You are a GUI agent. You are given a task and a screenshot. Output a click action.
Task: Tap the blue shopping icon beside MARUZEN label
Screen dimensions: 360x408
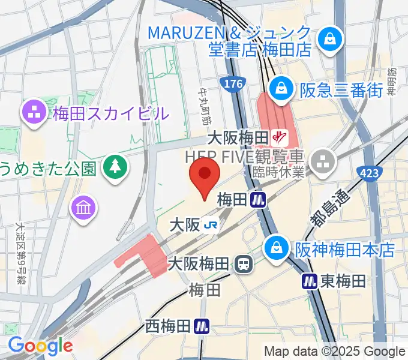click(329, 39)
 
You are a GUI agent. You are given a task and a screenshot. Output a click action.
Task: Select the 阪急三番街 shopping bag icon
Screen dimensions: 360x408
click(280, 89)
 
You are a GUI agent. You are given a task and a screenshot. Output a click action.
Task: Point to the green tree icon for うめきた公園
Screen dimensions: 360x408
click(113, 166)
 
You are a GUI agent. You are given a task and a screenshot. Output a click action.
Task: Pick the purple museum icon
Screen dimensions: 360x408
click(83, 208)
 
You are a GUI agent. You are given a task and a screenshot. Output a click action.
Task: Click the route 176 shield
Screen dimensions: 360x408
click(232, 82)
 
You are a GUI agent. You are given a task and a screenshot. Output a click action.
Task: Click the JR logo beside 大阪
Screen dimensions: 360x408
click(211, 226)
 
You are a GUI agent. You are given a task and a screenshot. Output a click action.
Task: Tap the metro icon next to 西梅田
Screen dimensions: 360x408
click(202, 326)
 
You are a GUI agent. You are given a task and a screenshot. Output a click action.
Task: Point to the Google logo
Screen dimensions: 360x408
click(40, 346)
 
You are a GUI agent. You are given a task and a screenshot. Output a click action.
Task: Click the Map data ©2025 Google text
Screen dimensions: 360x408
click(335, 351)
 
